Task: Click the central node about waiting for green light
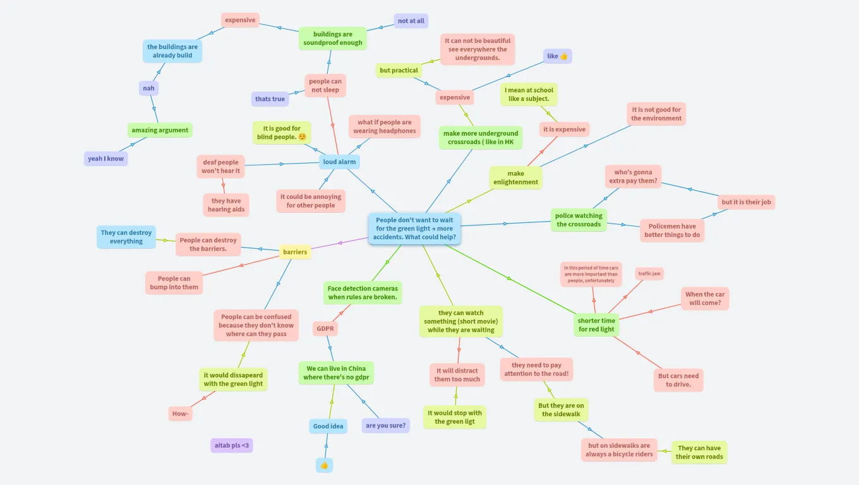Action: (414, 229)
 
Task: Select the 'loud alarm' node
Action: (339, 162)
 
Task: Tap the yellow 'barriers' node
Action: (295, 252)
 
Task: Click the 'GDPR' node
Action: (325, 328)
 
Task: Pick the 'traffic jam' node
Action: (649, 273)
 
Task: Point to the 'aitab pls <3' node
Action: (232, 445)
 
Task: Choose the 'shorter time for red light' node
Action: (596, 325)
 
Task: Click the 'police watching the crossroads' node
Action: (579, 220)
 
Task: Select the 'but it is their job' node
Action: (746, 202)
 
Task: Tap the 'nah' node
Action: (148, 88)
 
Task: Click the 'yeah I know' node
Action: (106, 159)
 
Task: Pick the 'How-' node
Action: (181, 414)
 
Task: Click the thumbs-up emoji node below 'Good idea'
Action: (324, 465)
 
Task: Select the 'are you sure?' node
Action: (385, 425)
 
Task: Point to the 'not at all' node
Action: (411, 21)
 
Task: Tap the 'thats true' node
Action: (270, 99)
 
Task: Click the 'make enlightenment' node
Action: (515, 177)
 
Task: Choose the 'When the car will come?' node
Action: (705, 298)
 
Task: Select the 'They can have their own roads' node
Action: (699, 452)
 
